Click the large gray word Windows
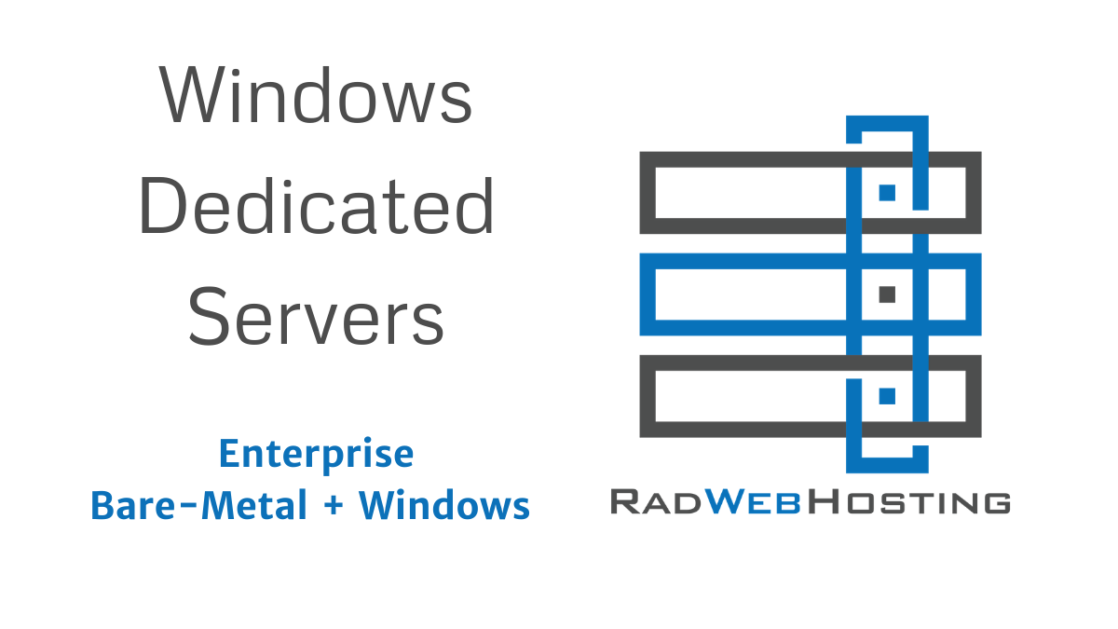316,96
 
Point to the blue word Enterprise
316,454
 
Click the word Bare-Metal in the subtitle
198,506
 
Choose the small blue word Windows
444,506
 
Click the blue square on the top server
887,192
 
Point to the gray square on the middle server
887,294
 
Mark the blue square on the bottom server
887,396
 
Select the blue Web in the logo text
755,502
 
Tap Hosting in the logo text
909,502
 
